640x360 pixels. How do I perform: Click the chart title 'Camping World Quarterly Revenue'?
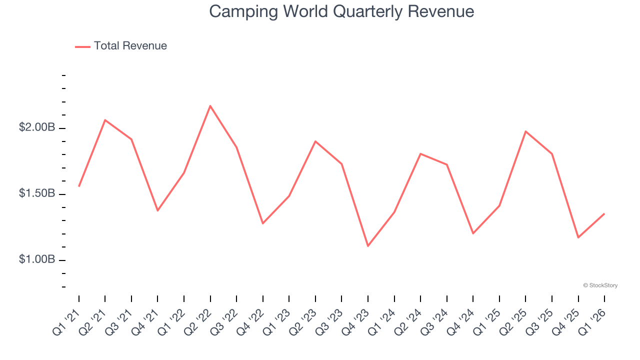click(341, 11)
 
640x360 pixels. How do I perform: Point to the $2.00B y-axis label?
click(37, 127)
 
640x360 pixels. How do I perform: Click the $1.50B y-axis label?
click(37, 193)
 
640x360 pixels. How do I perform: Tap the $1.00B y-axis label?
click(37, 259)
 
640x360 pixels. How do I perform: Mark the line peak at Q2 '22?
click(210, 106)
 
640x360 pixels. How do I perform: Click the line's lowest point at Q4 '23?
click(368, 246)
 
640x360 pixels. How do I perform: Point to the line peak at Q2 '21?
click(105, 120)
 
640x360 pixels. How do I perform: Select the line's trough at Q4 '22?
click(263, 223)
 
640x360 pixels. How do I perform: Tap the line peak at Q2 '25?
click(525, 131)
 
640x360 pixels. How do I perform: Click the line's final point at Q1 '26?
click(604, 214)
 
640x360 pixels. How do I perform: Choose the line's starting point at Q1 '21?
click(79, 186)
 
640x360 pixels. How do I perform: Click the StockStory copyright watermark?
click(600, 285)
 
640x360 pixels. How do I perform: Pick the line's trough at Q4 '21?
click(157, 210)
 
